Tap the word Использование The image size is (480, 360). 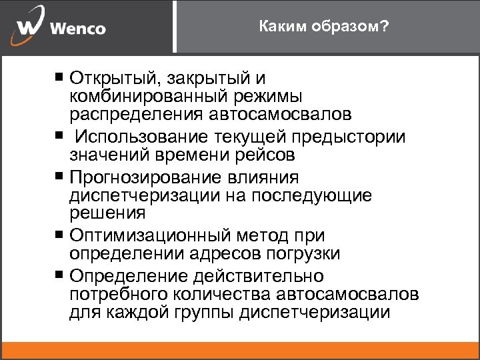pyautogui.click(x=143, y=137)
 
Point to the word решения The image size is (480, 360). pyautogui.click(x=106, y=213)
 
